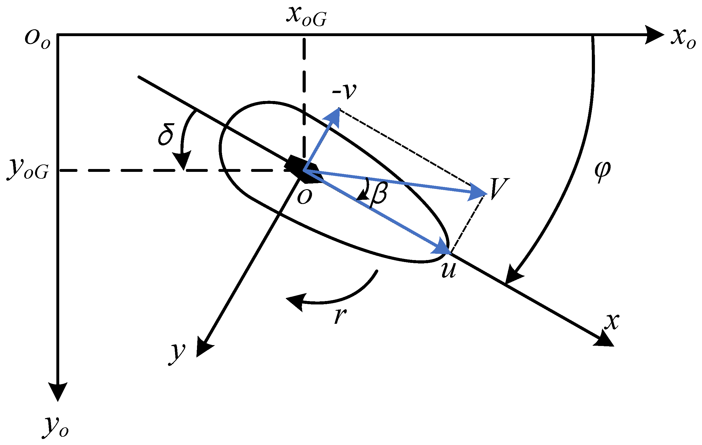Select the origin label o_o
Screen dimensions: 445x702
[x=37, y=40]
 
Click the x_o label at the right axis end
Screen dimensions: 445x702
[x=683, y=40]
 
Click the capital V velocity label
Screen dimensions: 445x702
[x=499, y=189]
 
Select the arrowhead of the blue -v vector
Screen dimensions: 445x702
[x=334, y=117]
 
